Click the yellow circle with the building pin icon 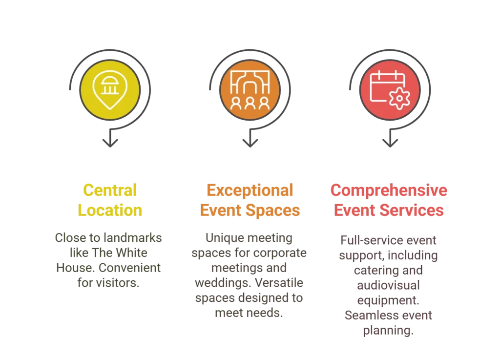(110, 90)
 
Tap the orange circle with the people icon (250, 90)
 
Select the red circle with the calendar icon (389, 90)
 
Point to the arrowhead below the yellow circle (110, 143)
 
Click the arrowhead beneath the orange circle (250, 143)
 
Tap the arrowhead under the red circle (390, 143)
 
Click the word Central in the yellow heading (110, 190)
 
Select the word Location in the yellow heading (110, 211)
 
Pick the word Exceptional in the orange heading (250, 190)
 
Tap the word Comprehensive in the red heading (389, 190)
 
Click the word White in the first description (131, 253)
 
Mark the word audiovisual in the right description (388, 285)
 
